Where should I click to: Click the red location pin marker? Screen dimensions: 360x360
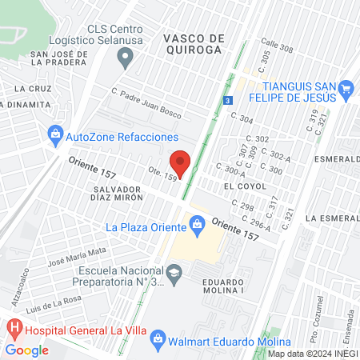click(182, 162)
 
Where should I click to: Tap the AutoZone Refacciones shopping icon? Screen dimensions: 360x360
click(55, 135)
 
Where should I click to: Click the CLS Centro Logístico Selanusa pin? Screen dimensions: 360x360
click(124, 57)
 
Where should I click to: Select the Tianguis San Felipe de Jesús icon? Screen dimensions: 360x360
click(346, 87)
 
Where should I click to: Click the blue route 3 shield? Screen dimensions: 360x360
click(228, 101)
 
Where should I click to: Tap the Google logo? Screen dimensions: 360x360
click(27, 350)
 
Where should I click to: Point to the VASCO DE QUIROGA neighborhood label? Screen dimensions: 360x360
click(194, 44)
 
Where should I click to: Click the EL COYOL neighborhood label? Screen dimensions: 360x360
click(239, 185)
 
